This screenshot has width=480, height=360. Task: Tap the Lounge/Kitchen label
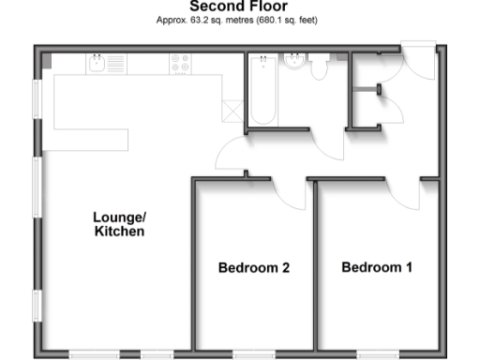tap(119, 224)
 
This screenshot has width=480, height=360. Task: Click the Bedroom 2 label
tap(253, 268)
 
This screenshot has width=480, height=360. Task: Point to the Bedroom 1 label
tap(376, 267)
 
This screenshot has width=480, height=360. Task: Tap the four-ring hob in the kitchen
tap(179, 64)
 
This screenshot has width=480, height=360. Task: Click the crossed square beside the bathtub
tap(231, 109)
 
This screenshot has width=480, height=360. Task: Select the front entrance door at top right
tap(418, 58)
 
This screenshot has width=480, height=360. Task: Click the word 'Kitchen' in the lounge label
tap(119, 232)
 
